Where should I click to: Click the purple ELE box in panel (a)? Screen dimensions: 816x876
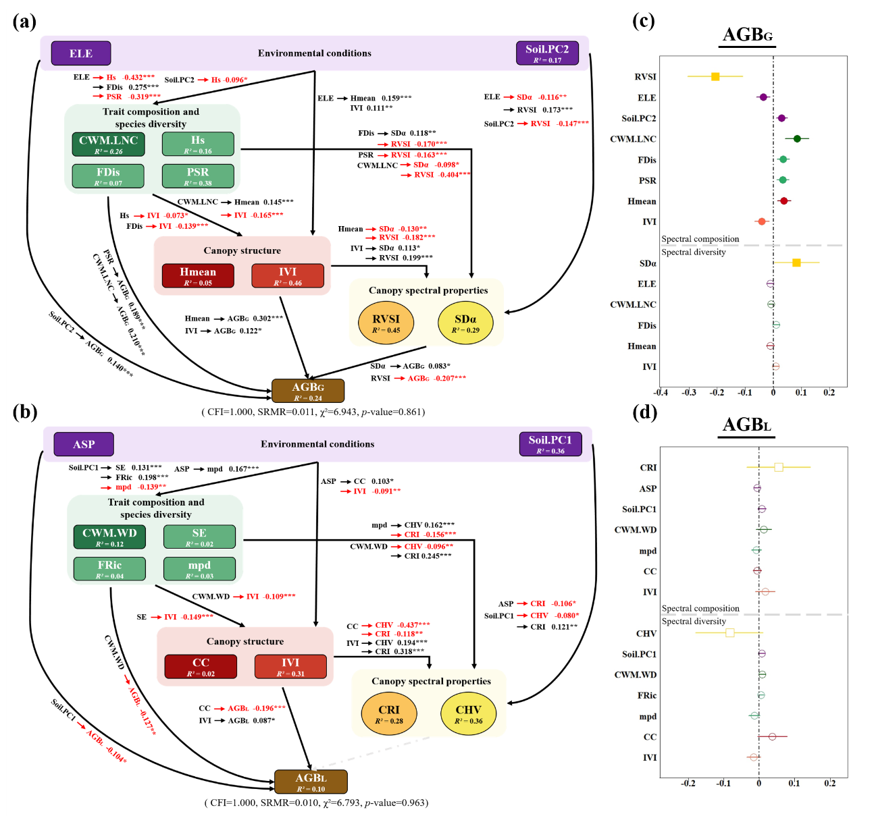[x=80, y=53]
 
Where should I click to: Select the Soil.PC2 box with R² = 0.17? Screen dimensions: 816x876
[x=547, y=53]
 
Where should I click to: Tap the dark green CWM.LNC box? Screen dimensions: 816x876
[x=108, y=144]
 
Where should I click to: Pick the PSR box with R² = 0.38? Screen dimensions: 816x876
[x=198, y=176]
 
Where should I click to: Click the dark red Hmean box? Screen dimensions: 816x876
[x=198, y=275]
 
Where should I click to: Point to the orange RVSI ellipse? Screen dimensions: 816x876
[x=386, y=323]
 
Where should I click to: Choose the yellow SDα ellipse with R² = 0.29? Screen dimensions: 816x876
[x=465, y=323]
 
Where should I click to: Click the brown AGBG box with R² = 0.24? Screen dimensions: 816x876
[x=308, y=391]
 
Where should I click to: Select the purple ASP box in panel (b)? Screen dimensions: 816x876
[x=84, y=444]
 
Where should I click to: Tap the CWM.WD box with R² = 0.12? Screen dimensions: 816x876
[x=109, y=537]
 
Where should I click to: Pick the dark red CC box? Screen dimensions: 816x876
[x=201, y=666]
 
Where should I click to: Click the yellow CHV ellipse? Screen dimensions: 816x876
[x=468, y=714]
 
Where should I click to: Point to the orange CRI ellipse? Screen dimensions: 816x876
[x=389, y=714]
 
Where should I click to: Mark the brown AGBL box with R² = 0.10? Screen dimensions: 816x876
[x=311, y=782]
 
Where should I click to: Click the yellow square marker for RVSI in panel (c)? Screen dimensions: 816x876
[x=715, y=77]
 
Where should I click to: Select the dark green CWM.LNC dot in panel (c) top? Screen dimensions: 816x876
[x=797, y=139]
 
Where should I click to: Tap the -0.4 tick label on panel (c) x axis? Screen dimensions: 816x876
[x=661, y=393]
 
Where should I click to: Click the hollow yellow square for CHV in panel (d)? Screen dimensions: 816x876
[x=730, y=633]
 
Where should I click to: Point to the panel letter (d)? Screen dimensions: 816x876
[x=644, y=412]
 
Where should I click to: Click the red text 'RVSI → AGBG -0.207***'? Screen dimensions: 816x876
[x=418, y=379]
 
